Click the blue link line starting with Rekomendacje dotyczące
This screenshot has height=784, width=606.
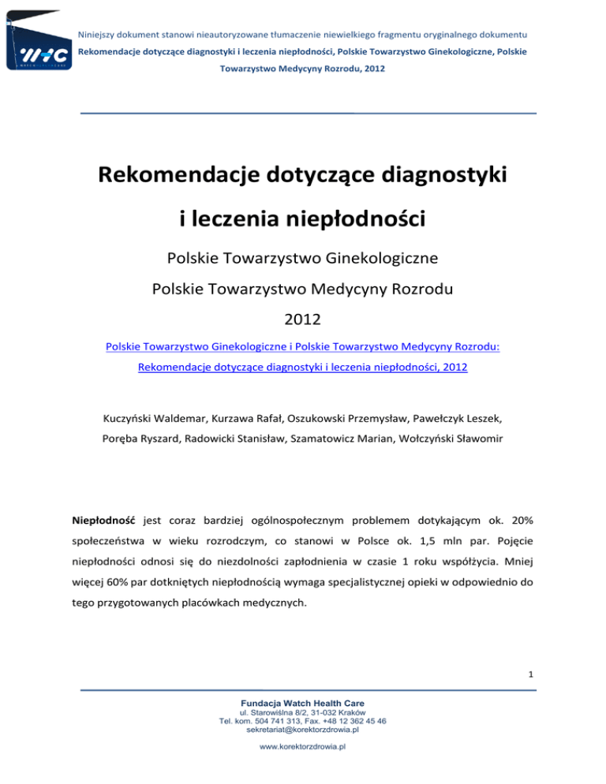(x=303, y=368)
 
